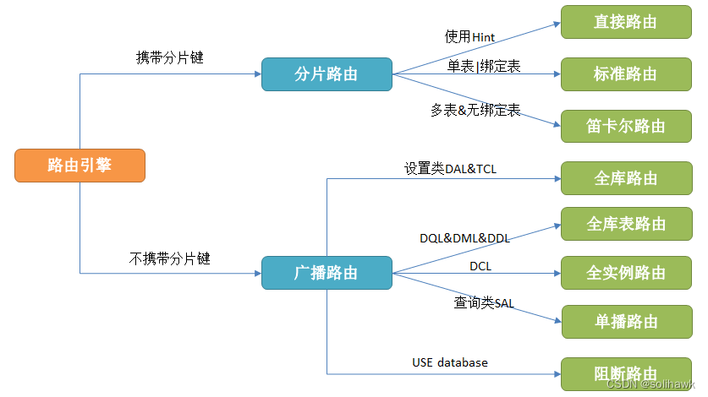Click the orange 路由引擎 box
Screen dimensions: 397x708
(x=80, y=166)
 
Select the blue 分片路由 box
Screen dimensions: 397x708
(x=327, y=74)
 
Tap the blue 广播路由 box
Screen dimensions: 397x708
(x=327, y=273)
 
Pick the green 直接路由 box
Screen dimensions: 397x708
(x=626, y=22)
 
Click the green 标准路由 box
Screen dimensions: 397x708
(x=626, y=74)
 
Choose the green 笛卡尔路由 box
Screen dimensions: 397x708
(x=626, y=126)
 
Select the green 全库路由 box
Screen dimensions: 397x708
(x=626, y=178)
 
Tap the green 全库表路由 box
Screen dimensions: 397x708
(x=626, y=224)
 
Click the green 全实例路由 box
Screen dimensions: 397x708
(x=626, y=273)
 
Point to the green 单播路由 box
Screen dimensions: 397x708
(x=626, y=322)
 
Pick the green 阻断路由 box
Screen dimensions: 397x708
(x=626, y=373)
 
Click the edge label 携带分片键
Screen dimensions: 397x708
(x=170, y=58)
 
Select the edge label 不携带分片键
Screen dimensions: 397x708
(x=169, y=258)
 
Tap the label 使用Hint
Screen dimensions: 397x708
(x=470, y=37)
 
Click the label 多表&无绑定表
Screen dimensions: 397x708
(x=475, y=110)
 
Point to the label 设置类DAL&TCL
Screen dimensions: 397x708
(x=450, y=168)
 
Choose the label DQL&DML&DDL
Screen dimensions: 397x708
(x=464, y=239)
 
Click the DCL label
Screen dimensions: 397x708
(x=480, y=267)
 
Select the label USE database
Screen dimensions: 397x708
(x=450, y=362)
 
